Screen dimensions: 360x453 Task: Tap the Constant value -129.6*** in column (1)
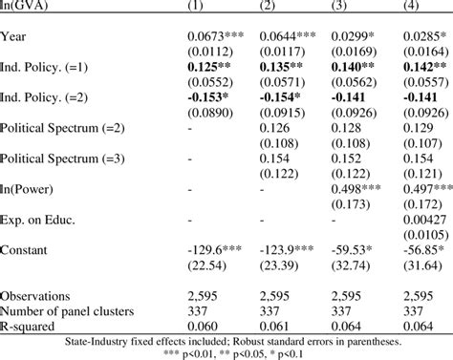[217, 250]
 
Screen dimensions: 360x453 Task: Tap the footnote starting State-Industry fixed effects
[226, 340]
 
